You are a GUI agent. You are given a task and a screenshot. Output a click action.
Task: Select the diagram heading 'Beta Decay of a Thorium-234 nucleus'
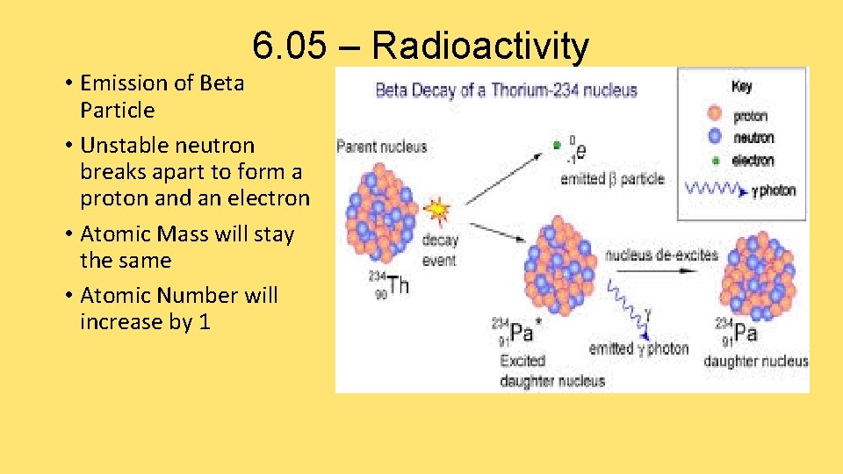[506, 90]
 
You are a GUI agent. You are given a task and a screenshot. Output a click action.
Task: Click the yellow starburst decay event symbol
[436, 212]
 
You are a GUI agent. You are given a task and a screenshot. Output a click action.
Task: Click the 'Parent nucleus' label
[382, 146]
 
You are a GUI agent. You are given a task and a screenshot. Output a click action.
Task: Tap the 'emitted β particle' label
[612, 179]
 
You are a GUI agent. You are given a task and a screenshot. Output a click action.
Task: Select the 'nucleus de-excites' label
[661, 255]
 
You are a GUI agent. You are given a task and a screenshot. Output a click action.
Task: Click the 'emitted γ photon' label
[638, 348]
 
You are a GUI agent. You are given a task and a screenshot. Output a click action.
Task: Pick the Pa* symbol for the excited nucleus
[521, 333]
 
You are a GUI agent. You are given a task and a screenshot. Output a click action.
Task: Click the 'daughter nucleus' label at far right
[755, 361]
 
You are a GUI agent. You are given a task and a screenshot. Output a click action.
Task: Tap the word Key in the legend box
[743, 86]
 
